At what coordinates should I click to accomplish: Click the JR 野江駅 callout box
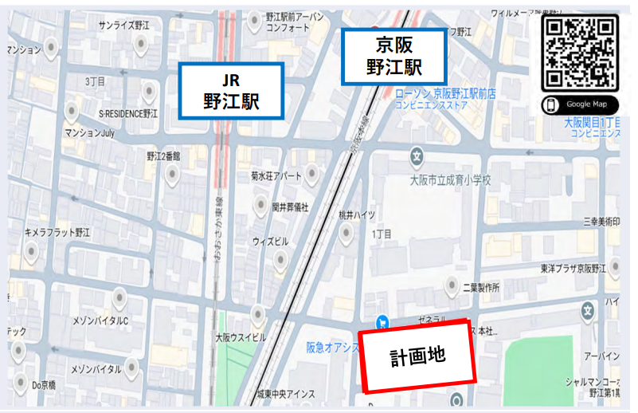(231, 90)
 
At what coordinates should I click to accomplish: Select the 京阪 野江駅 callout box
(393, 56)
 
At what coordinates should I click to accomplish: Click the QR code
(579, 53)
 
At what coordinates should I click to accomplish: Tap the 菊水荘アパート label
(276, 175)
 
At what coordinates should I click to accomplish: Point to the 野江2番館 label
(163, 156)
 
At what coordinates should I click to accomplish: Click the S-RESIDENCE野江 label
(128, 114)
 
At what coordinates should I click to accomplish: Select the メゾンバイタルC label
(100, 321)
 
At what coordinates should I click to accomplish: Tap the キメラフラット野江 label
(57, 232)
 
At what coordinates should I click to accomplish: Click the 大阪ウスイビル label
(241, 337)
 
